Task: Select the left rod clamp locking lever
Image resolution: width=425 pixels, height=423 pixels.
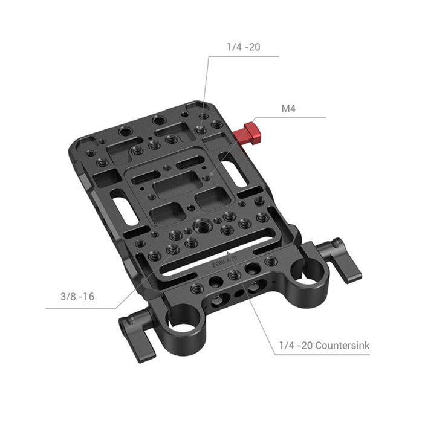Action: (135, 335)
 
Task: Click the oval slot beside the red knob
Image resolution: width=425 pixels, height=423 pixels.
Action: (234, 171)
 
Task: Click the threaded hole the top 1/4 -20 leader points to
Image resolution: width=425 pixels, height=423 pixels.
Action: (203, 129)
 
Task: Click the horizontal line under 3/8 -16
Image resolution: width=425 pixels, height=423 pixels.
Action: (85, 308)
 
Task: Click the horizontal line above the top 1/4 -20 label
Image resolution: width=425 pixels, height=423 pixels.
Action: (242, 56)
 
